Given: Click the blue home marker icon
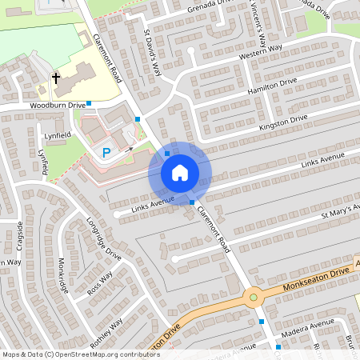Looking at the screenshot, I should pos(180,172).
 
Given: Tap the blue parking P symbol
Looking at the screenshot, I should pos(105,152).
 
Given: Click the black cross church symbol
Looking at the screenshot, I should pos(56,78).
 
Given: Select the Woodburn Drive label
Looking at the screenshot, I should pos(58,105).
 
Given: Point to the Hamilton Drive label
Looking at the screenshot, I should pos(273,89).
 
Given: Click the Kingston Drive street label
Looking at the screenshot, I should pos(283,123).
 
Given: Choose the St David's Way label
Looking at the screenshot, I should pos(153,54).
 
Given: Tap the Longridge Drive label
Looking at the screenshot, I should pos(105,239).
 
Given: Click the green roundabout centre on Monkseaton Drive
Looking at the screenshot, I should pos(254,298).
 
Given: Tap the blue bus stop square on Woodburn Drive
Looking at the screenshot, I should pos(89,103).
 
